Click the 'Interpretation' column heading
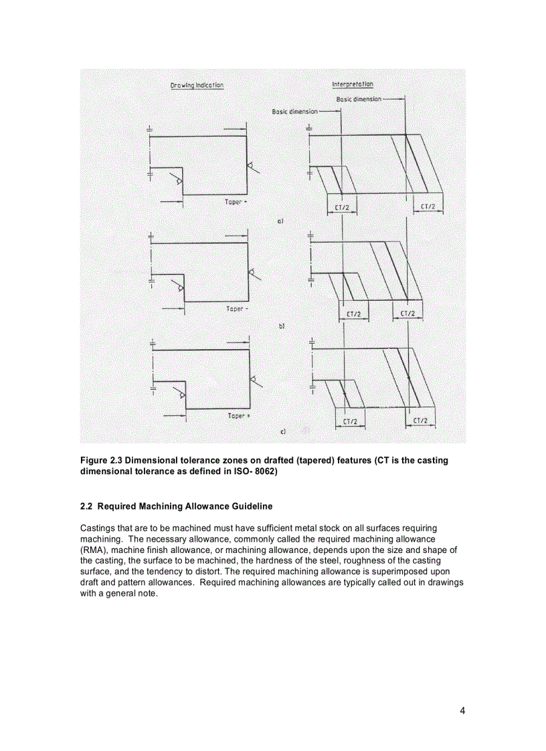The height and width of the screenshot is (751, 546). pos(353,84)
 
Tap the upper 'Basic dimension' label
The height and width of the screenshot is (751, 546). pos(359,99)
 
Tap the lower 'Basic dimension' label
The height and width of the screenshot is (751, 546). pos(294,112)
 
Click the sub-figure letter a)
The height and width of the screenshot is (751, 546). pos(282,220)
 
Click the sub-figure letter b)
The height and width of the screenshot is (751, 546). pos(282,327)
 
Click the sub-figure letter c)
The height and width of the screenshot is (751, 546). pos(283,433)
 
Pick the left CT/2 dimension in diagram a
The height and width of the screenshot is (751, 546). pos(342,207)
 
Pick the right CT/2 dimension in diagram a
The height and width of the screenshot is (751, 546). pos(428,207)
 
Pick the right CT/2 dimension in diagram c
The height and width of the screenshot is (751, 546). pos(420,421)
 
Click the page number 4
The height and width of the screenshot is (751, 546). pos(462,711)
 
